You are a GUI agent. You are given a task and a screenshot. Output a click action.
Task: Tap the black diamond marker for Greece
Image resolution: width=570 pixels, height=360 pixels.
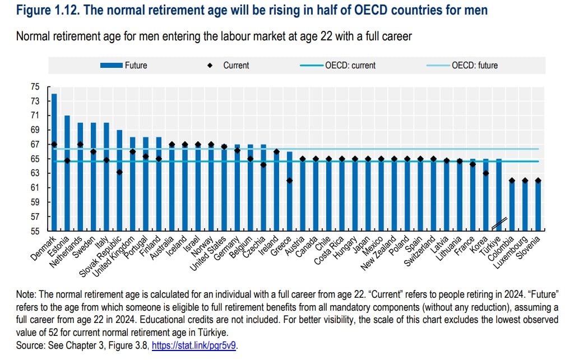tap(289, 181)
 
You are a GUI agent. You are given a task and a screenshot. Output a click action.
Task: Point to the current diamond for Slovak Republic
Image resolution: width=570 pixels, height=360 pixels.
tap(119, 172)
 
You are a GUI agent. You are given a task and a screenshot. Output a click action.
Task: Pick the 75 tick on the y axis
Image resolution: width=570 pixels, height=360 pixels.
tap(35, 87)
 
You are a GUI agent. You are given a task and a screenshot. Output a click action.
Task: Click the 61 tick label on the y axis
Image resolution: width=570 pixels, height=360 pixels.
tap(35, 188)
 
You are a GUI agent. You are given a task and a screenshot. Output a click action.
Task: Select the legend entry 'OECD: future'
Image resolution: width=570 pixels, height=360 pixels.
tap(474, 65)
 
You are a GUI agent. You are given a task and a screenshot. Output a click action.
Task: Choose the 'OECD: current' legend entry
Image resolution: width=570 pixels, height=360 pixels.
tap(350, 65)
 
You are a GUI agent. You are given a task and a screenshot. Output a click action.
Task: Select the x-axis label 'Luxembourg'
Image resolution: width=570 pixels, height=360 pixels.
tap(511, 252)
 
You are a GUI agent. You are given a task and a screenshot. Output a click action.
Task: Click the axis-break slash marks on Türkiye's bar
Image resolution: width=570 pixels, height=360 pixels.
tap(499, 223)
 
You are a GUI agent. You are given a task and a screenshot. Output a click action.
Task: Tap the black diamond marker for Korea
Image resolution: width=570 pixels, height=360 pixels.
tap(485, 173)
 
